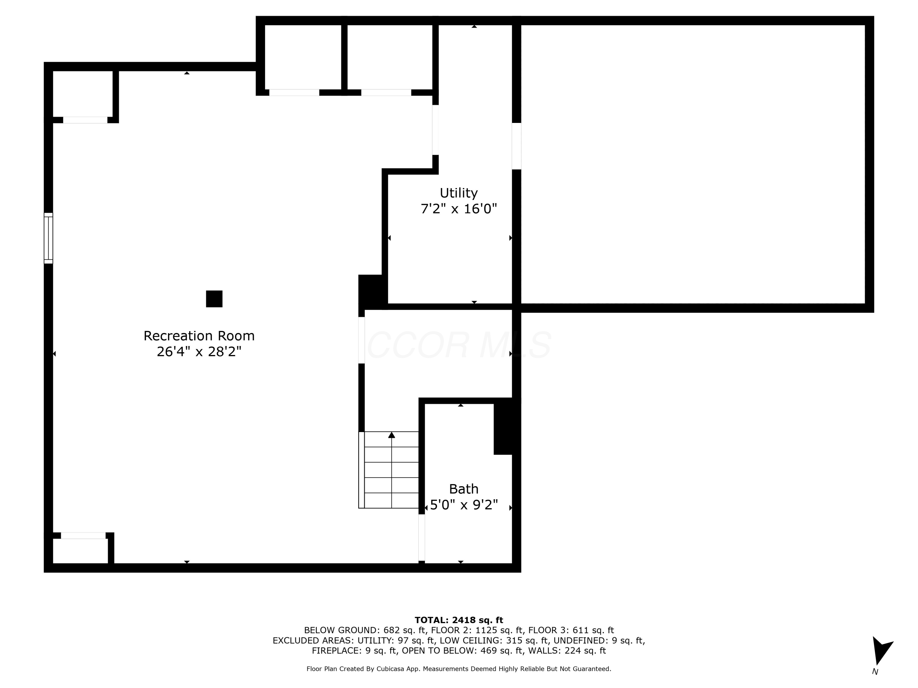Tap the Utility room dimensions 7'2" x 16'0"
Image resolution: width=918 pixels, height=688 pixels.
(459, 209)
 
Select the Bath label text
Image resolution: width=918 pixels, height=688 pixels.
(464, 489)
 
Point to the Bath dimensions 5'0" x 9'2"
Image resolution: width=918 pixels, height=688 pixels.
(464, 505)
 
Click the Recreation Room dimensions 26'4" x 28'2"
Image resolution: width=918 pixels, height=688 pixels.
(199, 352)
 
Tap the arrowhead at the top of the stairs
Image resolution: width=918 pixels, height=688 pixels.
(391, 435)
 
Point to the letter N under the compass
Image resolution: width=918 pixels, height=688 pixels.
(875, 672)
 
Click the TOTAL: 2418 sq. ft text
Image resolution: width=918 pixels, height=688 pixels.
(459, 620)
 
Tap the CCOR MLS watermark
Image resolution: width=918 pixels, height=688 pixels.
(459, 345)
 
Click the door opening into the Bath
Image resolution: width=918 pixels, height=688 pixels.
(422, 538)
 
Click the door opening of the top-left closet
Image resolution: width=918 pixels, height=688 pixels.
(85, 120)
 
